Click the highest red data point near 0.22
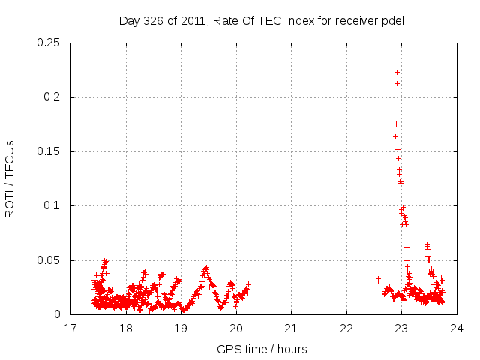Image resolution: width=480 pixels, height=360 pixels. click(x=397, y=72)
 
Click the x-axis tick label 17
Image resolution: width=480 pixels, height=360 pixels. click(x=70, y=328)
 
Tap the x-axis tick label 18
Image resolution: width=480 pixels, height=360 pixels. click(x=126, y=328)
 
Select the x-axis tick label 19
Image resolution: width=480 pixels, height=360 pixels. click(x=181, y=328)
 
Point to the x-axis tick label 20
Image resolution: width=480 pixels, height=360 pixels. click(x=236, y=328)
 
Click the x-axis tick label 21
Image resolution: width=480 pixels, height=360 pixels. click(x=291, y=328)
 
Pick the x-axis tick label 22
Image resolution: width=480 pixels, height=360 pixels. click(x=346, y=328)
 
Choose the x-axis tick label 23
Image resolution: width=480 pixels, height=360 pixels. click(x=401, y=328)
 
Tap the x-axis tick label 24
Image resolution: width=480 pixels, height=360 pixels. click(x=457, y=328)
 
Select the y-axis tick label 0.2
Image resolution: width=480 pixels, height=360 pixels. click(x=54, y=97)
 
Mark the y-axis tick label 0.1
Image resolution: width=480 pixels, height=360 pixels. click(x=54, y=205)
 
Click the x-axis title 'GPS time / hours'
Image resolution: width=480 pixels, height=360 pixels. click(x=262, y=349)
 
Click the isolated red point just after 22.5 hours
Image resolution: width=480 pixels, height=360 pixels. click(x=378, y=279)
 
